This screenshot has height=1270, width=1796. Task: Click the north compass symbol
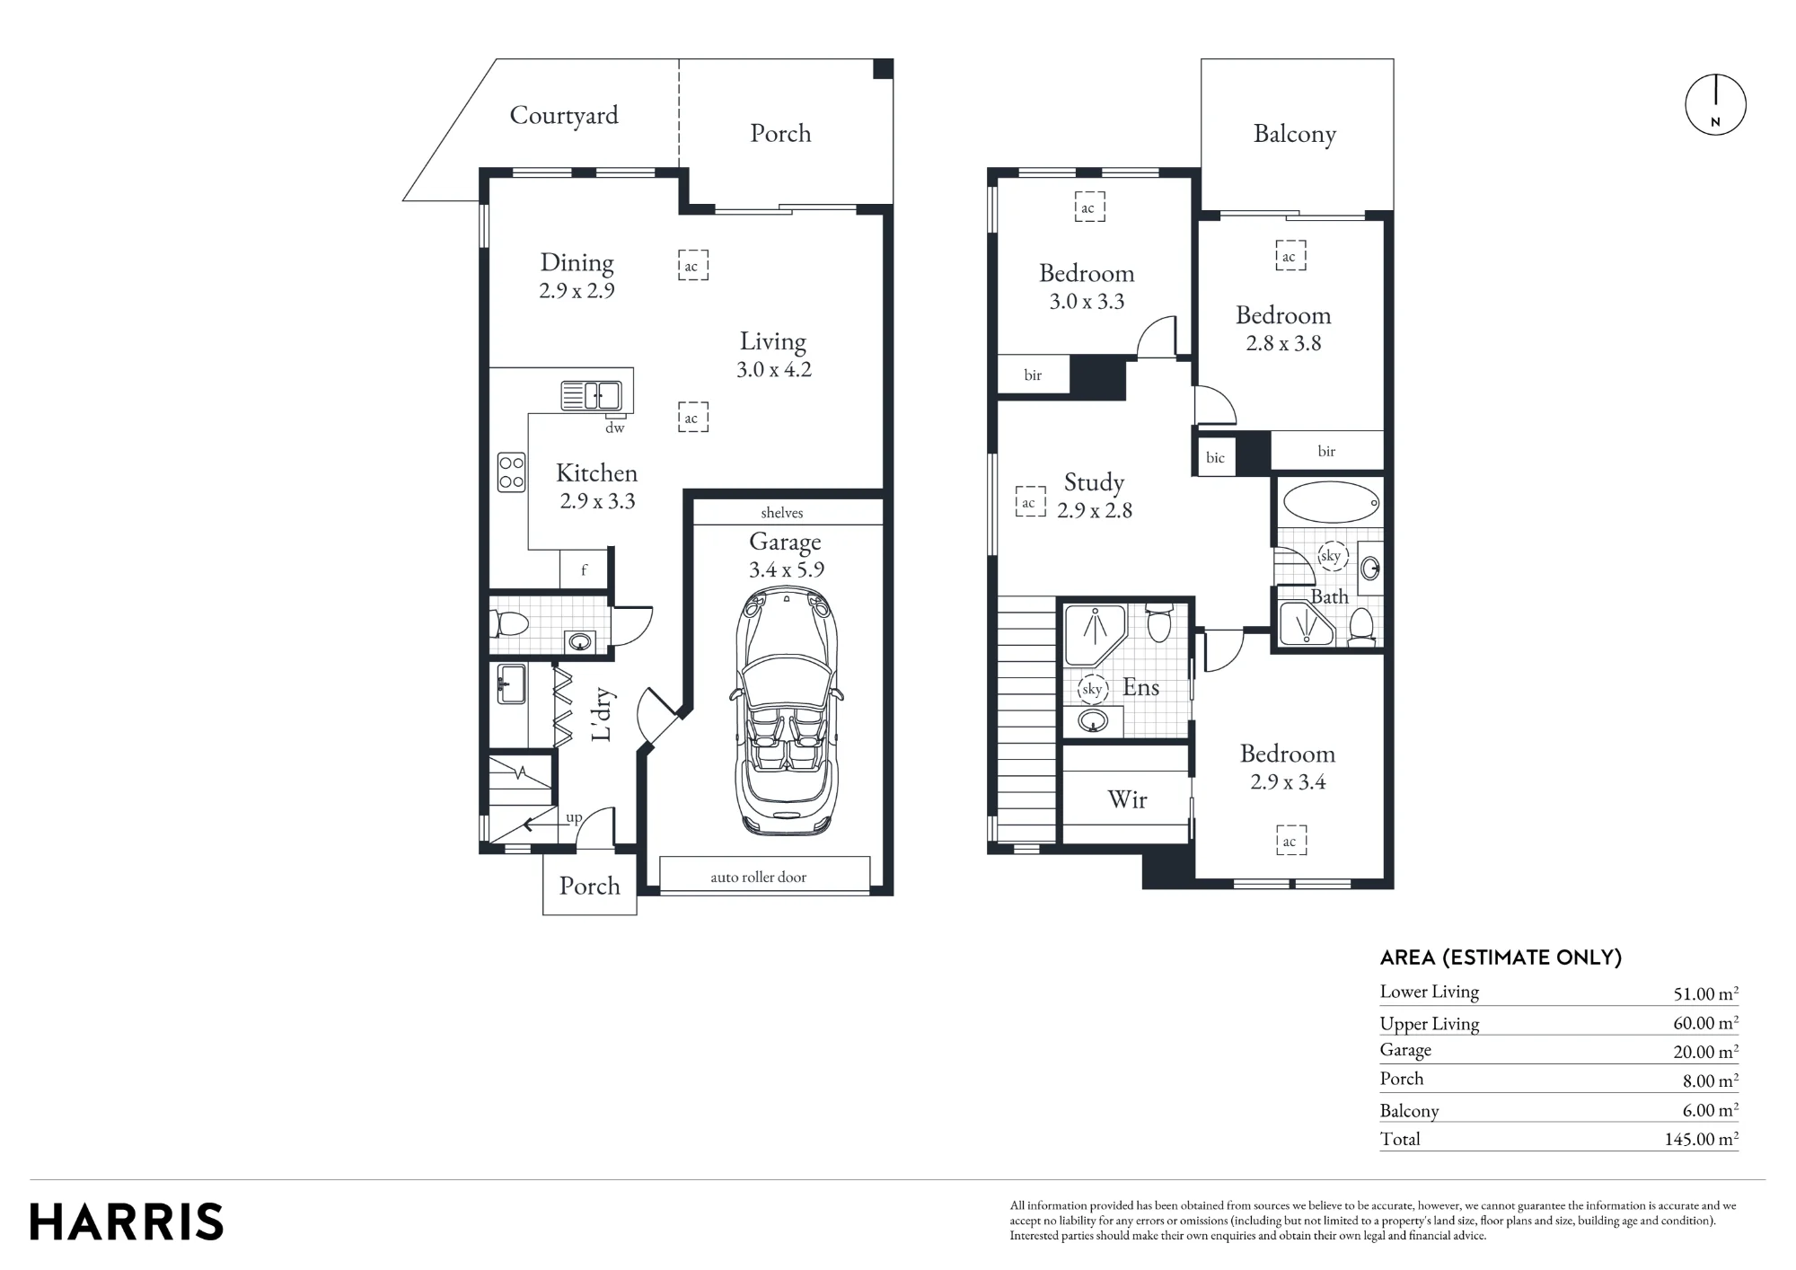[1715, 105]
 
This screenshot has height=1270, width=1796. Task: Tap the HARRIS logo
[127, 1222]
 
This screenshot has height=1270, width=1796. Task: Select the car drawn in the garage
[787, 711]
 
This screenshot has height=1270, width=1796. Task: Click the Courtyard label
[564, 115]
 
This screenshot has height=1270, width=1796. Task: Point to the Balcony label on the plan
[1295, 134]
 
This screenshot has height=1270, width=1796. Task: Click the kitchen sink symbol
[591, 395]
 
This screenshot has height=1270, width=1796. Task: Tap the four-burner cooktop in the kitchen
[511, 472]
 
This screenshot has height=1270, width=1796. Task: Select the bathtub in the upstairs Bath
[1331, 503]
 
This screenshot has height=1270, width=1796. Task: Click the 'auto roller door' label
[758, 878]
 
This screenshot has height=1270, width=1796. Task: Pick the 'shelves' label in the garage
[781, 513]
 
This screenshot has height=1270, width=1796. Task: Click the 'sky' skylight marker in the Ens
[1092, 690]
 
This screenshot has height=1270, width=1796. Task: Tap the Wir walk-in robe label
[1127, 799]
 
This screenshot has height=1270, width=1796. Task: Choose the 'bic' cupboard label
[1215, 458]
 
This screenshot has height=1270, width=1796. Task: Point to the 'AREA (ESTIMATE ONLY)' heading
[1501, 957]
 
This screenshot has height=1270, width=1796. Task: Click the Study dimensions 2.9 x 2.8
[1095, 510]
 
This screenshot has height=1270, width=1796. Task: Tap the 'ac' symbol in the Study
[1029, 502]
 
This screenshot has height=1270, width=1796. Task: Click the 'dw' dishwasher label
[614, 428]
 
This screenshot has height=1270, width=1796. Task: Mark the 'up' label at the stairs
[574, 818]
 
